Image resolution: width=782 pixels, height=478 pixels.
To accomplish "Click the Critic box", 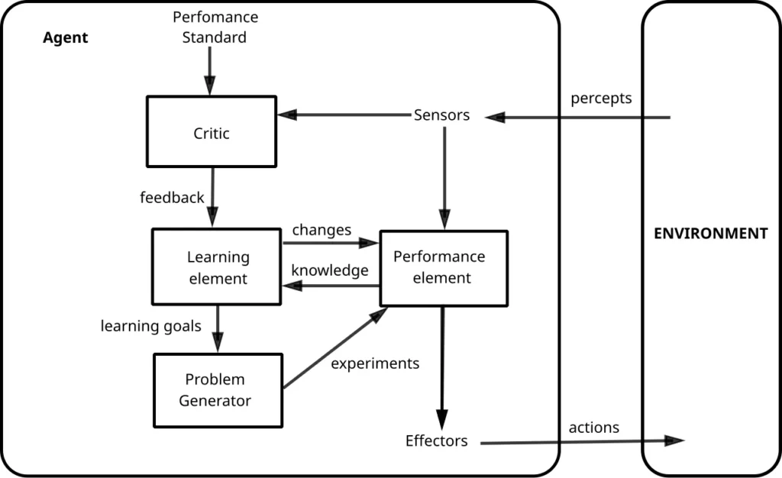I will (x=212, y=131).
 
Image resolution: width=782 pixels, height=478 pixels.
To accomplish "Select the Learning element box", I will (x=217, y=267).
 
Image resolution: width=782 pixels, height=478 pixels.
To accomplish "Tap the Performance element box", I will (x=443, y=268).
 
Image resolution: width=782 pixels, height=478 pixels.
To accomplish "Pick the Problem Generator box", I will (x=218, y=389).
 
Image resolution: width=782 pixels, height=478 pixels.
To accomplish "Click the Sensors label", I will (x=441, y=115).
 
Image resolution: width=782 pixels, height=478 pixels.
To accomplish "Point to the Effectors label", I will (x=436, y=441).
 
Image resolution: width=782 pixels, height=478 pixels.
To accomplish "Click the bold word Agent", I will (x=65, y=37).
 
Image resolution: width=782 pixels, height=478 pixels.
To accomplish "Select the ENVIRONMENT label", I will (x=710, y=234).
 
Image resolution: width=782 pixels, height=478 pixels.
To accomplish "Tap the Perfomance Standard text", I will (x=215, y=27).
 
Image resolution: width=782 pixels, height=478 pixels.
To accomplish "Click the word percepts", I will (x=601, y=99).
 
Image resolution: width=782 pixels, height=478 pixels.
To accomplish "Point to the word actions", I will (x=593, y=428).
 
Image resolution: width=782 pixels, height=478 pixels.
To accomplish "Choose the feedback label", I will (x=172, y=198).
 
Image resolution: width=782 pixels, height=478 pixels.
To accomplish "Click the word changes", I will (x=322, y=230).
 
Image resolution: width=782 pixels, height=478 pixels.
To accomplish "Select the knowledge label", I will (x=329, y=270).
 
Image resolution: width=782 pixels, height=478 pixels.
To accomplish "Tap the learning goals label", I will (x=150, y=326).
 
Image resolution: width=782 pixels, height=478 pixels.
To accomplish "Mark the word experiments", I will (x=375, y=363).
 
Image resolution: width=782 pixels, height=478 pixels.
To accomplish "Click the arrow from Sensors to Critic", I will (x=344, y=115).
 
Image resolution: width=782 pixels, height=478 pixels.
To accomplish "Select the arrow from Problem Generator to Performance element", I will (x=334, y=348).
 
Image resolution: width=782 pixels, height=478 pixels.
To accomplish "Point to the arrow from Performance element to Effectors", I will (x=442, y=367).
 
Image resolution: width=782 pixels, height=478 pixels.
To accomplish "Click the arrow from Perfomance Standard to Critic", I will (x=210, y=73).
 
